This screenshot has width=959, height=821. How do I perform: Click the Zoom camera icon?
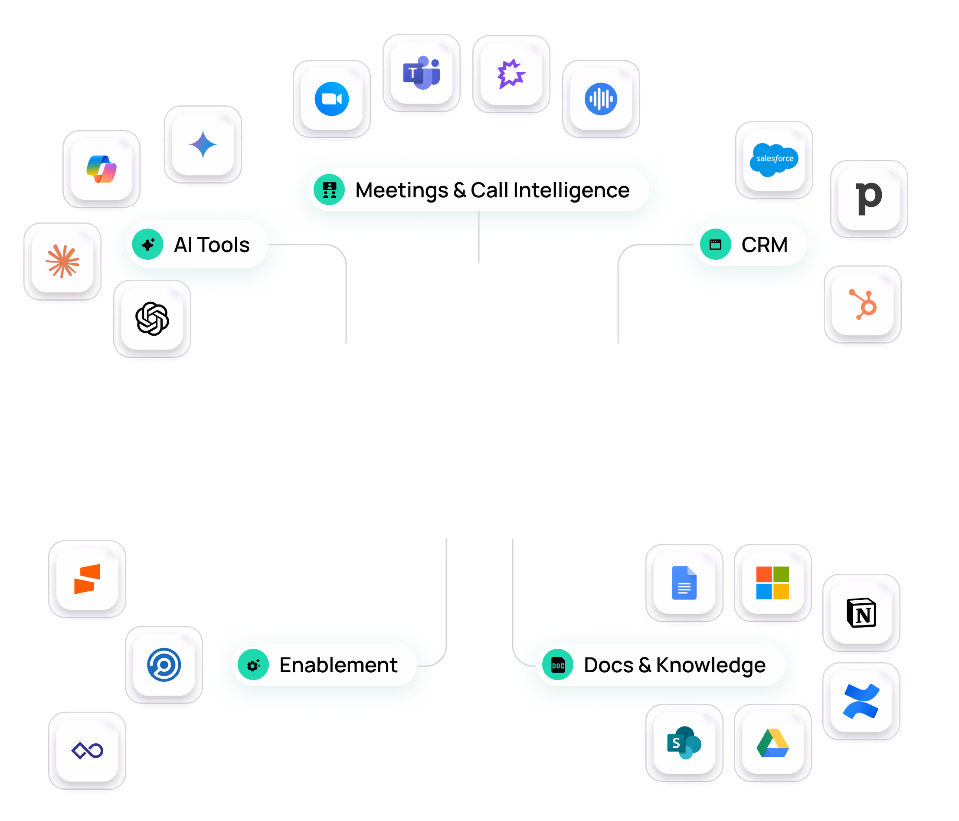[331, 99]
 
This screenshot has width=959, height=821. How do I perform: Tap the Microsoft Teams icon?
[421, 73]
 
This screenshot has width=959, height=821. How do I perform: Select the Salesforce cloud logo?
[774, 159]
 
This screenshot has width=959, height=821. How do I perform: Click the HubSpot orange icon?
[863, 304]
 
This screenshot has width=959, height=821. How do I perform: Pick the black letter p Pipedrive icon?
[869, 198]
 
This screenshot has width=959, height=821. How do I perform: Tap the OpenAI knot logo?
[152, 318]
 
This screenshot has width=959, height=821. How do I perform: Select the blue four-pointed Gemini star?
[203, 145]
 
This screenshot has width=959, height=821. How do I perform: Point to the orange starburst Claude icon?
[62, 262]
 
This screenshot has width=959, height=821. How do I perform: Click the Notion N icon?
[861, 613]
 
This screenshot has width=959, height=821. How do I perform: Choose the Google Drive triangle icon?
[772, 743]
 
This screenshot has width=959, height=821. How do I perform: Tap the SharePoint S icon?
[684, 743]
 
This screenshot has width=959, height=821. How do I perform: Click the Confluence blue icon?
[861, 701]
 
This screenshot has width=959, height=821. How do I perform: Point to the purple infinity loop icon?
[88, 751]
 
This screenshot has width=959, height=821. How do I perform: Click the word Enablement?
[338, 665]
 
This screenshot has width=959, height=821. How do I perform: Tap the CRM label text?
[764, 245]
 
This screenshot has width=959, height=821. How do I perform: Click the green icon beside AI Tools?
[147, 244]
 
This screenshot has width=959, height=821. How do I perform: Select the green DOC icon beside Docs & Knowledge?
[558, 665]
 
